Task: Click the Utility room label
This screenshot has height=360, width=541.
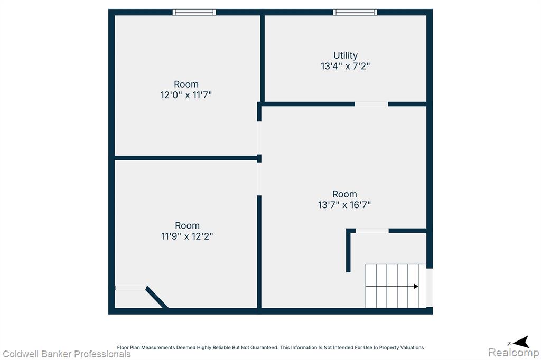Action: (x=346, y=55)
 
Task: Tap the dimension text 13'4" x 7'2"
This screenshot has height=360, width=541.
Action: (x=346, y=66)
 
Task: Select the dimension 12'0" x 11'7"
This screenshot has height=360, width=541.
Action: (x=186, y=95)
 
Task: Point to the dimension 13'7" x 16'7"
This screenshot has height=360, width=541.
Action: (x=344, y=205)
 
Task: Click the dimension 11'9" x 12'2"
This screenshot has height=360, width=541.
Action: (x=187, y=236)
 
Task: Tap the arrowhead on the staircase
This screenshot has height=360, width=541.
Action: (x=416, y=286)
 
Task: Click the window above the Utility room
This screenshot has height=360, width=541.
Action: (x=355, y=12)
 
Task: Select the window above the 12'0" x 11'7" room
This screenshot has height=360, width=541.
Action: (x=194, y=12)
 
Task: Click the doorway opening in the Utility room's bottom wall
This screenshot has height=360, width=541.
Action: (x=371, y=104)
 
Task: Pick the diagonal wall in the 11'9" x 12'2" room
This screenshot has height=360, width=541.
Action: (x=157, y=297)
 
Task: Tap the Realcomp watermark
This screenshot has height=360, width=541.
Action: (x=514, y=353)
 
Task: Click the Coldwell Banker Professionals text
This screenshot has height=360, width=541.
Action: (x=67, y=354)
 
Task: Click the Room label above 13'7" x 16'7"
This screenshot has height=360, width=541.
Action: (x=344, y=194)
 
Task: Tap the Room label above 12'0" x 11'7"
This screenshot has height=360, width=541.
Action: (x=186, y=84)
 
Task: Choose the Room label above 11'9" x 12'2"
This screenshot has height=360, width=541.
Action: (x=187, y=225)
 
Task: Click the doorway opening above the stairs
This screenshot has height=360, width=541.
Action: (x=372, y=231)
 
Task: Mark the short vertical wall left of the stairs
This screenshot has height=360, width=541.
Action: (x=349, y=251)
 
